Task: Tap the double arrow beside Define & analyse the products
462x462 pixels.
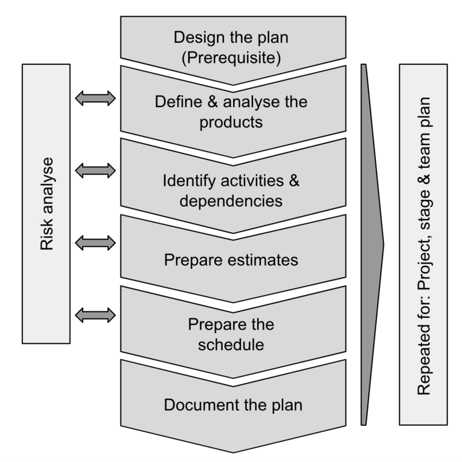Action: point(96,99)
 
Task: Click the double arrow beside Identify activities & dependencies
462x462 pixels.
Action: point(96,171)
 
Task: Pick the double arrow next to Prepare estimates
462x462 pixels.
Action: point(96,243)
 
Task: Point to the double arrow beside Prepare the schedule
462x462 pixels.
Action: point(96,314)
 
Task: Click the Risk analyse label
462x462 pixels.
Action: point(47,203)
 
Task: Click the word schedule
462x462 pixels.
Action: point(231,345)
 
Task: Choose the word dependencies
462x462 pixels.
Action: point(231,201)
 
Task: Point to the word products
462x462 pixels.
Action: point(231,122)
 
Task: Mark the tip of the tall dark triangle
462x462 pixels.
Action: point(383,244)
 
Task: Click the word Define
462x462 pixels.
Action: point(175,101)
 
